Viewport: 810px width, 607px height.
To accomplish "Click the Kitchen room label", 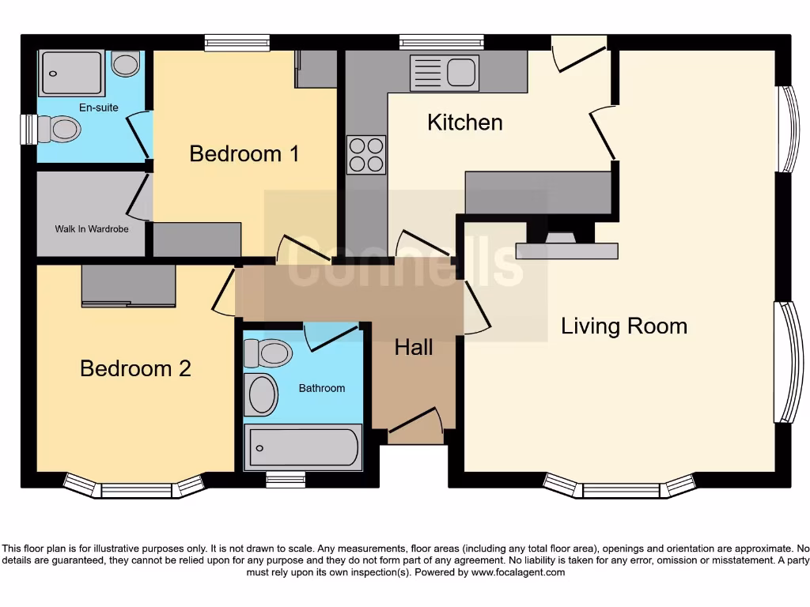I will point(464,123).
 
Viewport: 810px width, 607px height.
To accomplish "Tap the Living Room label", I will point(623,326).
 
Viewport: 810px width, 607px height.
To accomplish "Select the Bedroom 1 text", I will point(244,153).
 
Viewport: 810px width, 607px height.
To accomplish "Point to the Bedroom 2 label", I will point(135,368).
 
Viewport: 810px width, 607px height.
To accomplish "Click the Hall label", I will point(413,347).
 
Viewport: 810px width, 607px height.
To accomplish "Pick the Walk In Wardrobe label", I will point(91,229).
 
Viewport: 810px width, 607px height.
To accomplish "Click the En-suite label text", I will point(98,107).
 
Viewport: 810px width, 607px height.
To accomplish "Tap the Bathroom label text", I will point(321,388).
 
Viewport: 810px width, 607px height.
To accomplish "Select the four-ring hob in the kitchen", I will point(366,155).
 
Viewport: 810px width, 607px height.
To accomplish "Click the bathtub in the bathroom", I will point(303,447).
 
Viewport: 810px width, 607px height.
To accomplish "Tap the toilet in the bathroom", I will point(268,353).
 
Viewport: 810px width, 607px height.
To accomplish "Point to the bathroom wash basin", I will point(260,394).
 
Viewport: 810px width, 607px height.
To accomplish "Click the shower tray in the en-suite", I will point(71,73).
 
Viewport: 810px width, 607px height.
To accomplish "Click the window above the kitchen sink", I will point(441,42).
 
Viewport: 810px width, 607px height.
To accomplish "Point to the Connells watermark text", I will point(405,263).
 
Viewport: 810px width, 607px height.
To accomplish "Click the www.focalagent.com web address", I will point(518,572).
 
